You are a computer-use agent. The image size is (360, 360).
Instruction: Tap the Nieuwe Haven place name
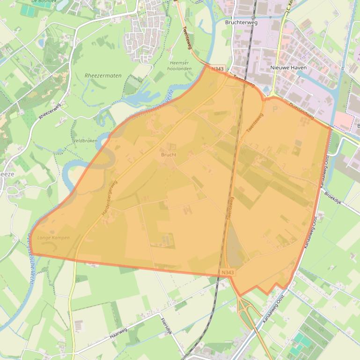[288, 68]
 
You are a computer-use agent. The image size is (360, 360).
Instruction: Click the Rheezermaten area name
[103, 75]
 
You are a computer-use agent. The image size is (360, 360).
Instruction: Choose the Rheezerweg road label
[50, 111]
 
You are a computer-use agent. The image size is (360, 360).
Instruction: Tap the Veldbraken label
[85, 140]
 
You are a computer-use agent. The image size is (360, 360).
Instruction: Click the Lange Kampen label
[53, 238]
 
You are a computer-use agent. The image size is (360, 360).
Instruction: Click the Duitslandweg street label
[301, 111]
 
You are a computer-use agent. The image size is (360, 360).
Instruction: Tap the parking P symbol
[275, 108]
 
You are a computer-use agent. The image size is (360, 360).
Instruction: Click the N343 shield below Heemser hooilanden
[217, 69]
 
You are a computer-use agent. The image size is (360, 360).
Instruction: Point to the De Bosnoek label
[41, 1]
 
